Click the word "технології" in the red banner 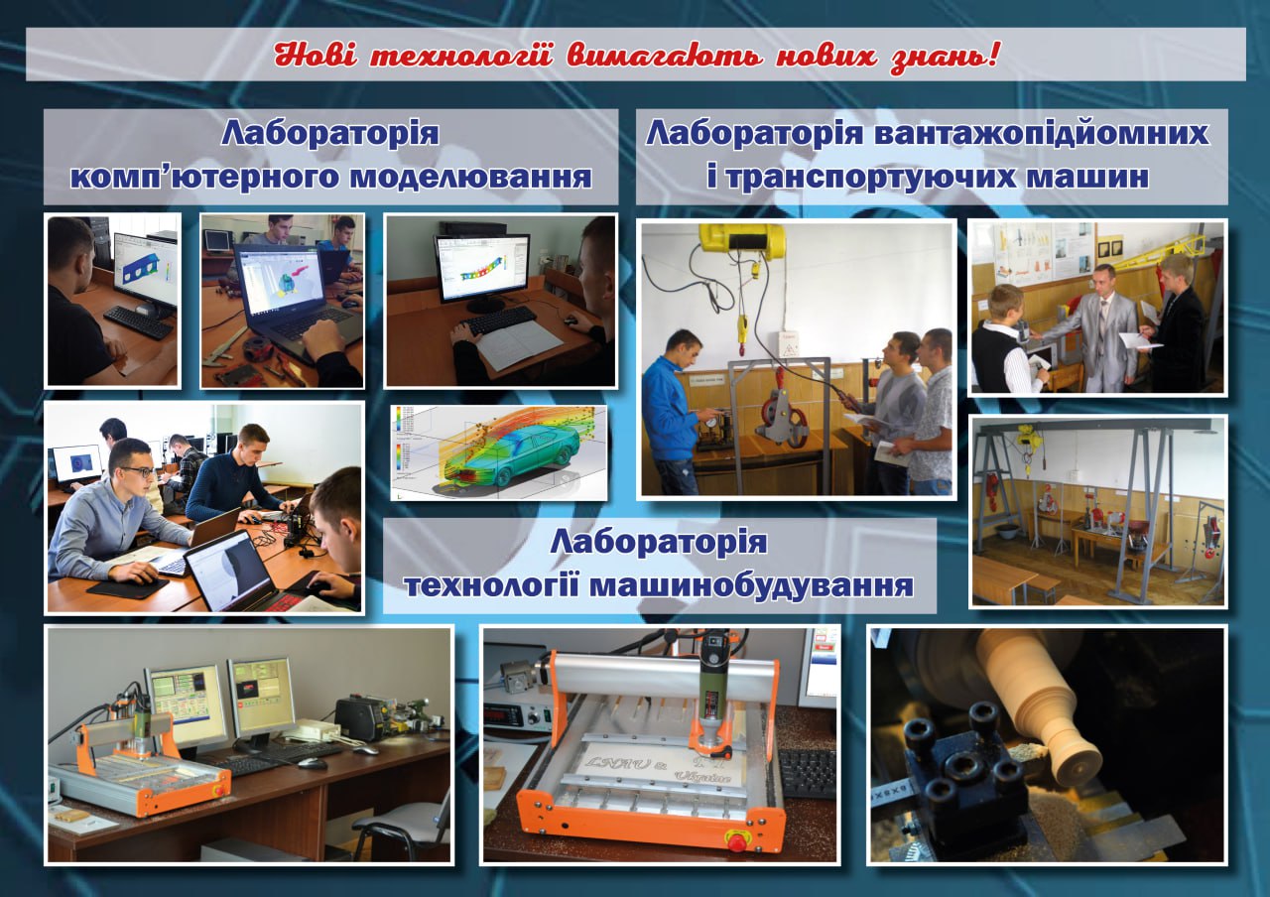[x=461, y=56]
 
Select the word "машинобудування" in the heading [x=751, y=584]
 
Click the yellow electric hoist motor [x=743, y=240]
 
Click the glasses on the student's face [x=138, y=471]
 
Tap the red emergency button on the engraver [x=736, y=842]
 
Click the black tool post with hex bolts [x=963, y=765]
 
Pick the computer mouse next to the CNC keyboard [x=313, y=763]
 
